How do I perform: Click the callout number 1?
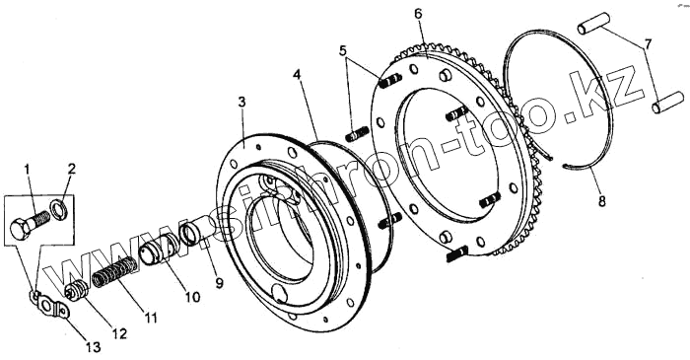(x=28, y=170)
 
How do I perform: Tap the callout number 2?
(x=72, y=169)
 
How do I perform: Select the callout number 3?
(x=241, y=102)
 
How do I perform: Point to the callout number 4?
(x=298, y=75)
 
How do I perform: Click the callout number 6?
(x=418, y=14)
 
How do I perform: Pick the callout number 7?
(x=649, y=44)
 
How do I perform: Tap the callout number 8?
(x=602, y=201)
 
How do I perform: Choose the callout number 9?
(x=219, y=283)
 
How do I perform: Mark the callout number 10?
(x=193, y=297)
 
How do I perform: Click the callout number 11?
(x=151, y=318)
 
